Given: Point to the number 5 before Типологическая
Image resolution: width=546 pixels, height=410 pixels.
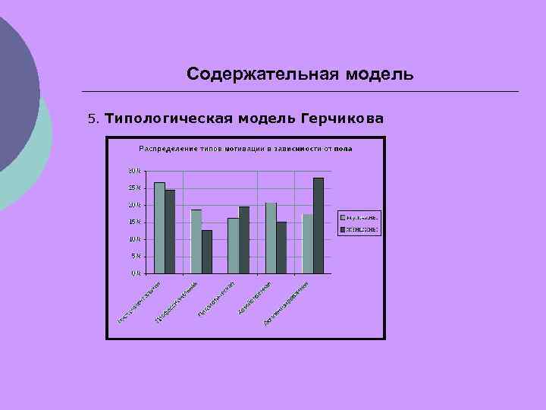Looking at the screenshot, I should (x=92, y=119).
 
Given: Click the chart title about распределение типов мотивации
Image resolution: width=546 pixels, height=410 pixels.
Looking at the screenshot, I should (x=245, y=148).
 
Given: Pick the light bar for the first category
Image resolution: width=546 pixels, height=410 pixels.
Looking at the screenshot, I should (x=159, y=227).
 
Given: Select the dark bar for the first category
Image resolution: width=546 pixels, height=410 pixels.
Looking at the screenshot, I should (x=170, y=231).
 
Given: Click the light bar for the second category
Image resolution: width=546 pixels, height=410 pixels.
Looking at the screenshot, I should (x=196, y=241).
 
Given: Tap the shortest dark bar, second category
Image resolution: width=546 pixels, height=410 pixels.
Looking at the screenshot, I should (x=207, y=251).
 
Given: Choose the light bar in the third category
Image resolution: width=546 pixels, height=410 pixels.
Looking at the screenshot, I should (x=233, y=245).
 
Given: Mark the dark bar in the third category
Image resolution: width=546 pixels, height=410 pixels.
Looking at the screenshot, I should (x=243, y=239).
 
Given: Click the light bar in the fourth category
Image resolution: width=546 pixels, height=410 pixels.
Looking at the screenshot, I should (x=271, y=238).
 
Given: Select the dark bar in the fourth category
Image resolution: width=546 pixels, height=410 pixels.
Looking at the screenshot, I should (x=281, y=247).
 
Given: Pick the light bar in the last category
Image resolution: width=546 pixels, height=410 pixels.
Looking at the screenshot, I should (x=307, y=243).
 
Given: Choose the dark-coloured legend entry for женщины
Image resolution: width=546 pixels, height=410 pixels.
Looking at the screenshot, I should (x=359, y=229).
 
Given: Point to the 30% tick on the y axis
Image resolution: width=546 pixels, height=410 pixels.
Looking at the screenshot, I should (x=133, y=171).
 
